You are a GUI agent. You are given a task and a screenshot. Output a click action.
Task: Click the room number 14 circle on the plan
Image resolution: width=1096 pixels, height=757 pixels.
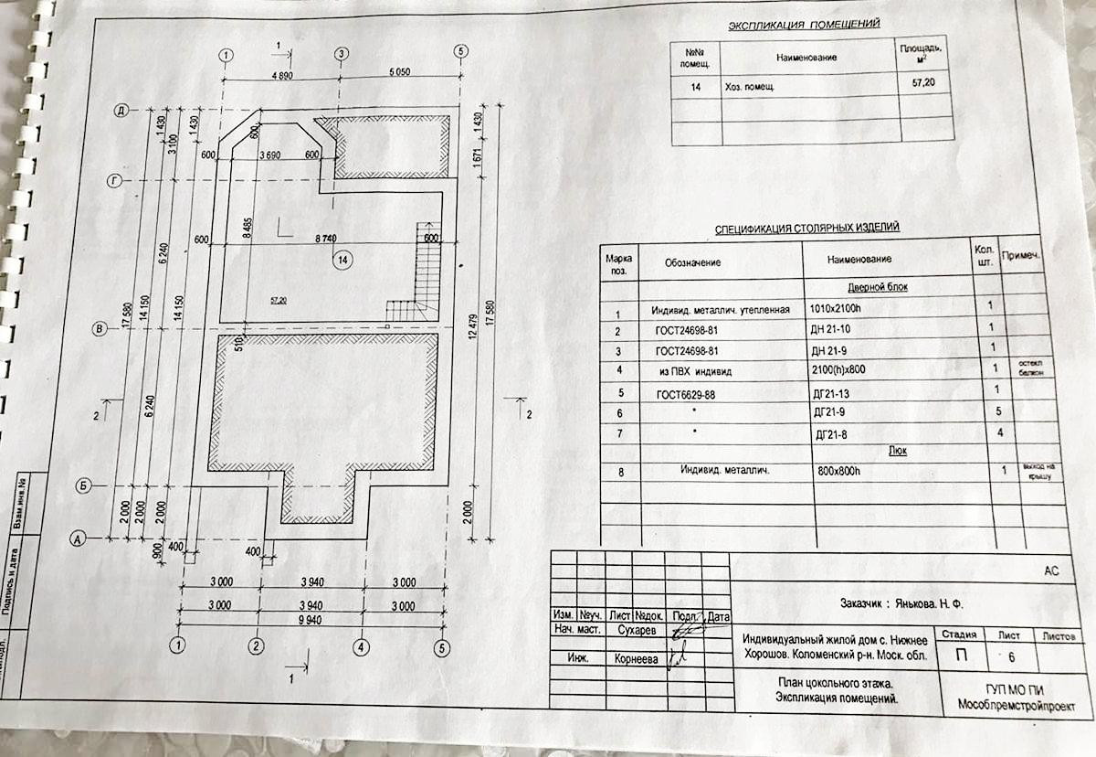342,260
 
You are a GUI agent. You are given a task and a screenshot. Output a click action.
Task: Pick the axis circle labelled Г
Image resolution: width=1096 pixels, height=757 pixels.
114,181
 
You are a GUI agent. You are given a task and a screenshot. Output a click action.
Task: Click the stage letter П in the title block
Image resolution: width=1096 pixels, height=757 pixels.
964,656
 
